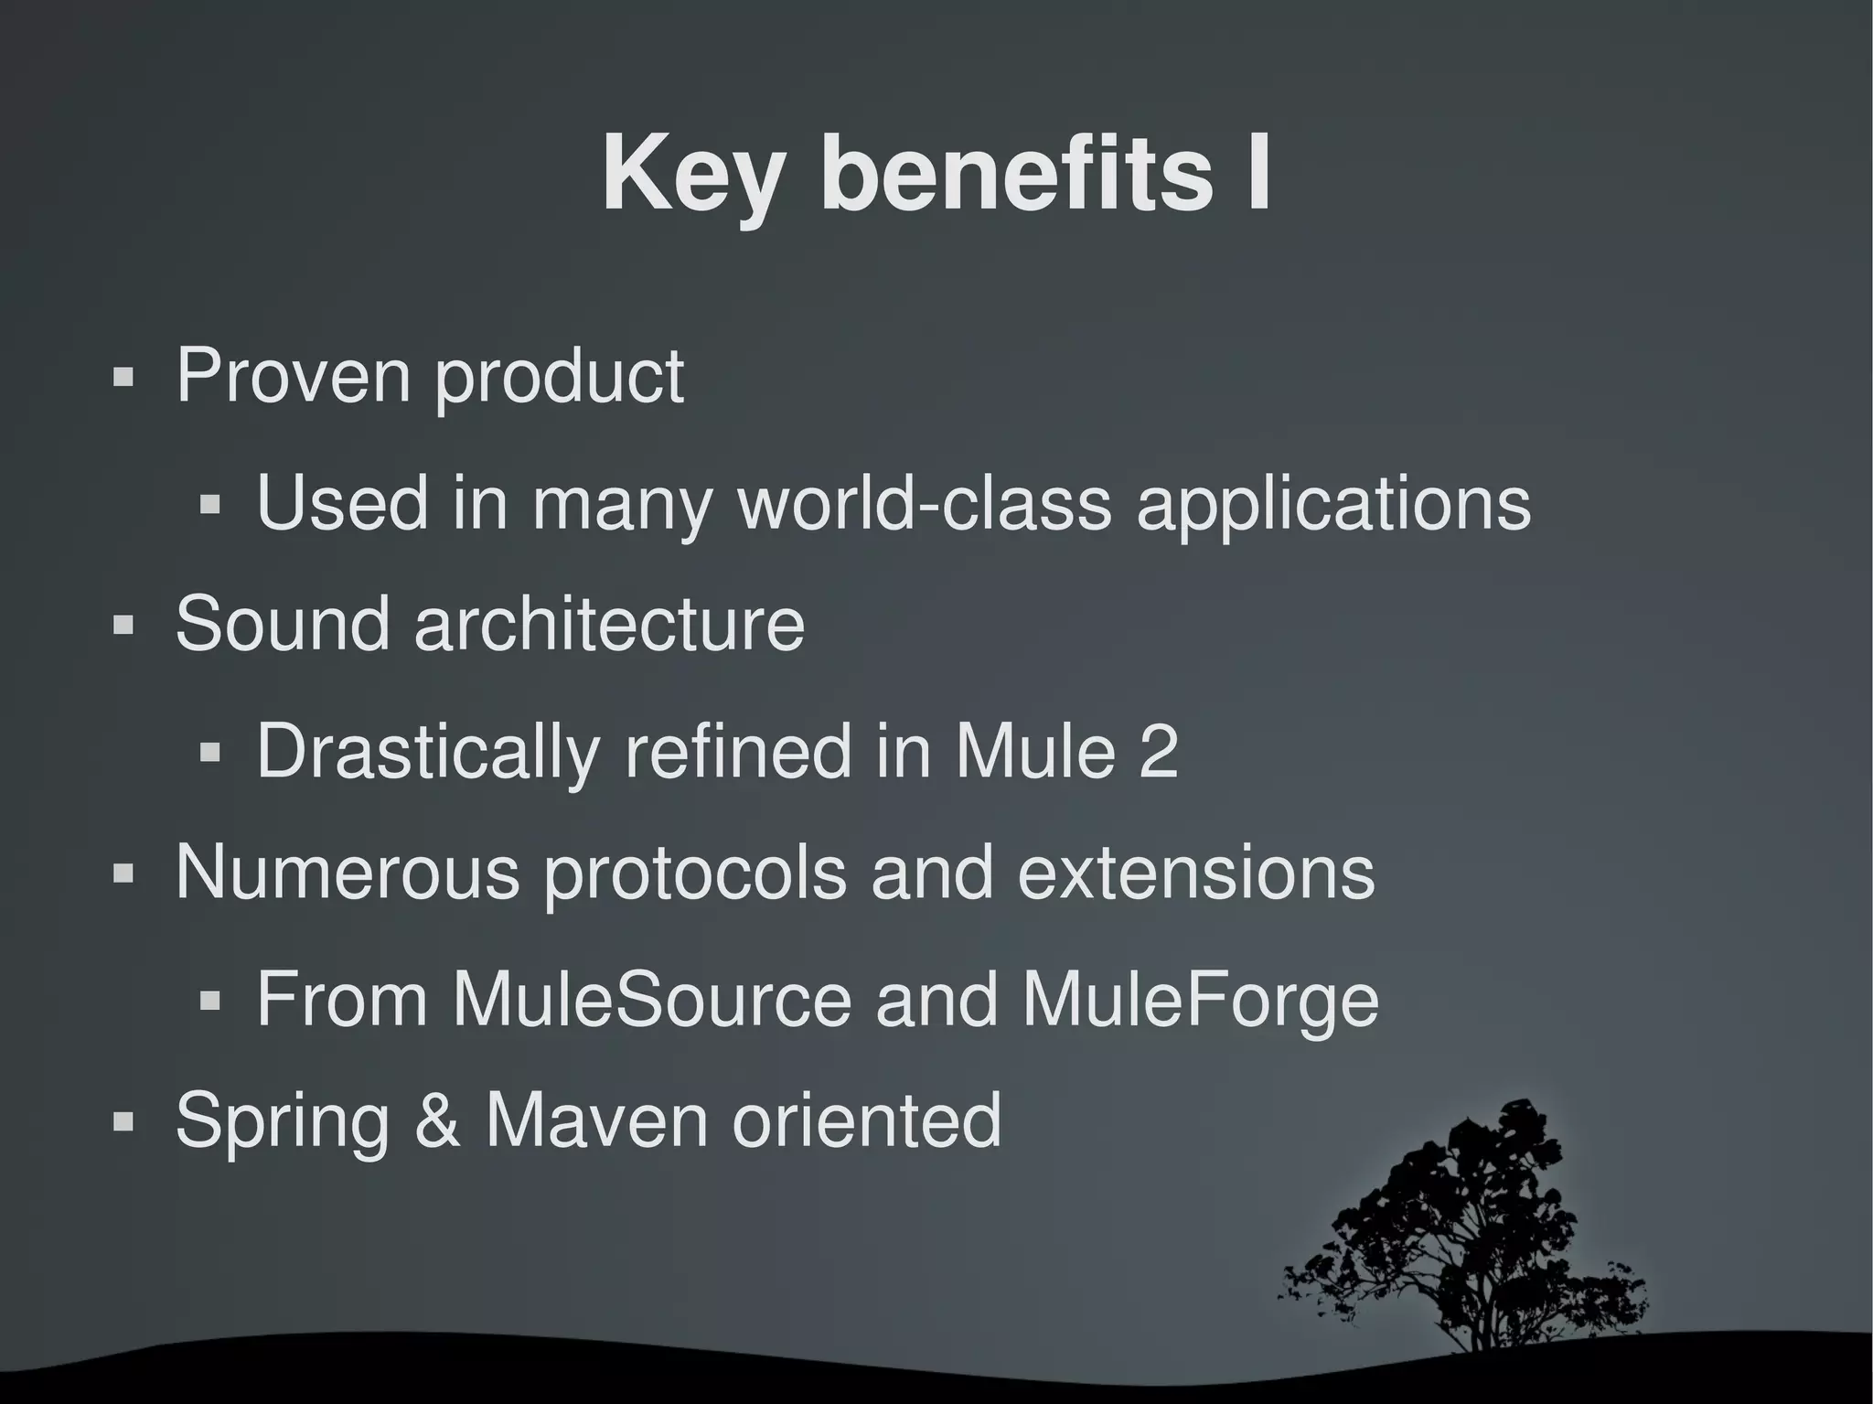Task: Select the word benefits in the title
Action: [1015, 174]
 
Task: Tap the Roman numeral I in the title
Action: [1258, 174]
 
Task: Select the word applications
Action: [1333, 505]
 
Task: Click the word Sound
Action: [282, 624]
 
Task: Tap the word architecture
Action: [609, 624]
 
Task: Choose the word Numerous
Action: [348, 873]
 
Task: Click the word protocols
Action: [695, 874]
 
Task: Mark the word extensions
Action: [1195, 873]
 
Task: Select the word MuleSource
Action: [651, 999]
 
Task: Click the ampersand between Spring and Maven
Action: [437, 1121]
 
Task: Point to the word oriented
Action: [867, 1121]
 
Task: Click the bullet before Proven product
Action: [123, 378]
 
